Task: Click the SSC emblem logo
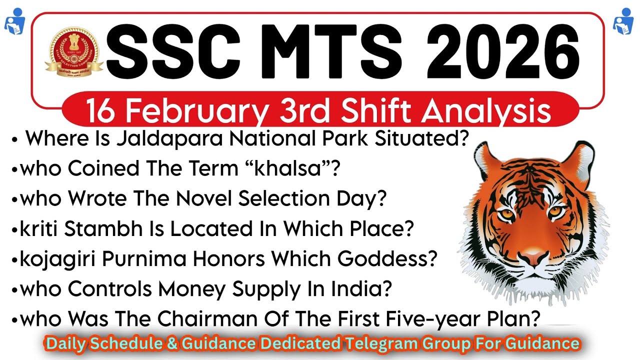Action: point(74,51)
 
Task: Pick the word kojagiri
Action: point(57,259)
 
